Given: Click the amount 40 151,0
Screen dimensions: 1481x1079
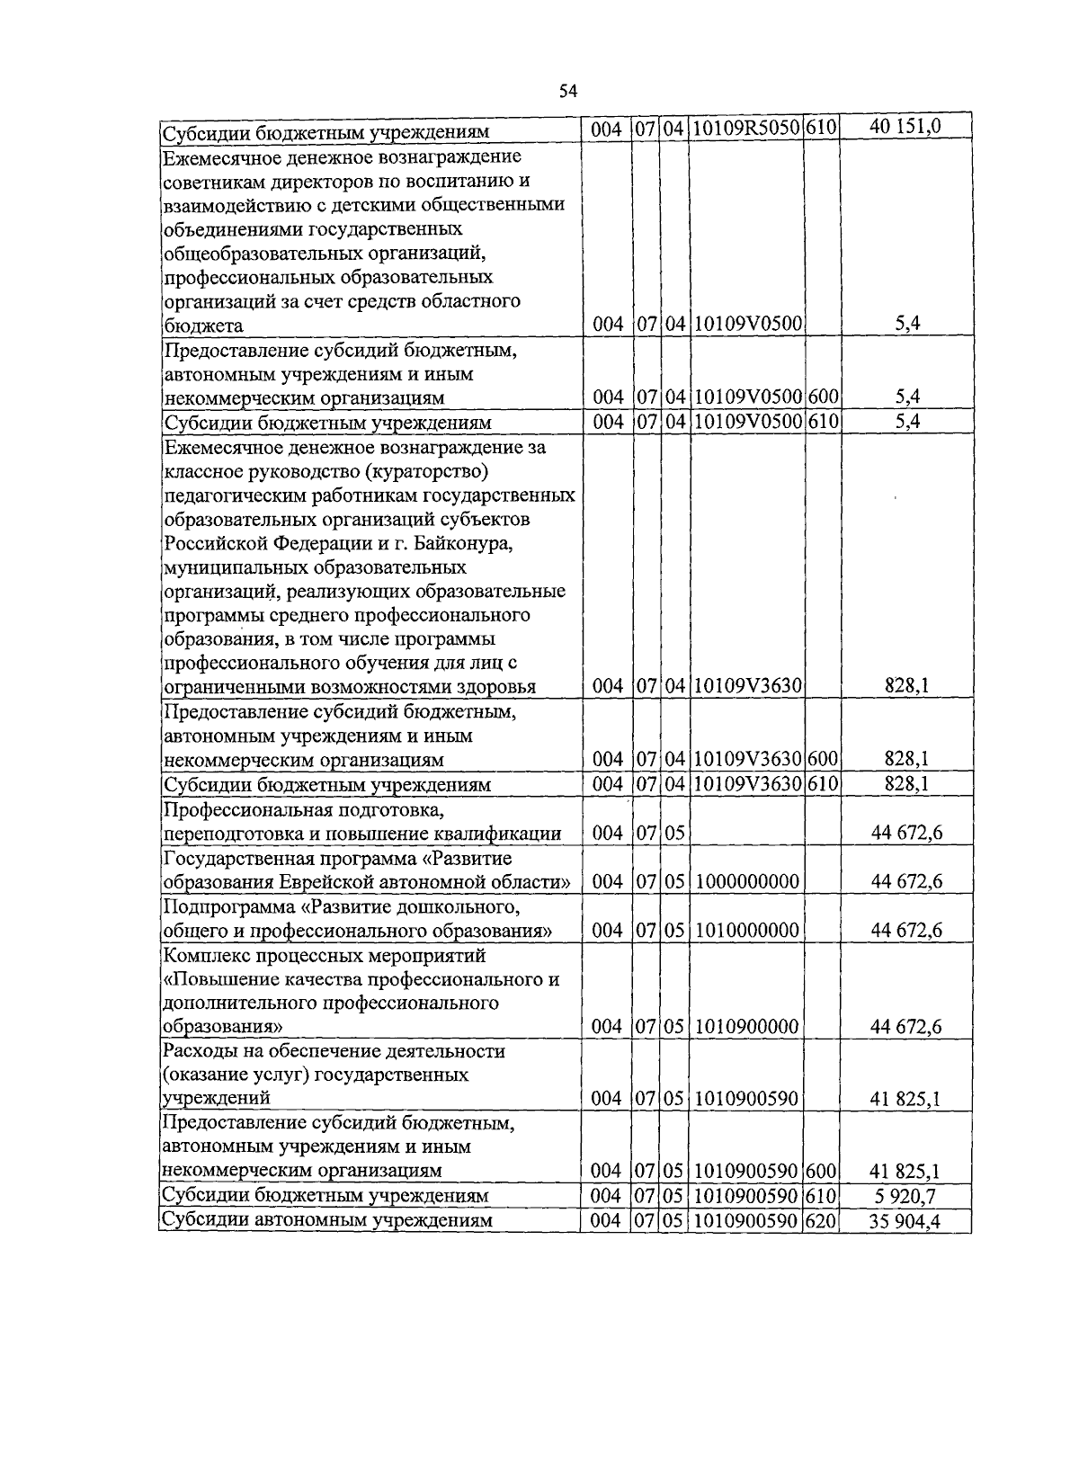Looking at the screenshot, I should pos(905,127).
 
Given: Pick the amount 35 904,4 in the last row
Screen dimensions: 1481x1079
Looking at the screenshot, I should pos(905,1221).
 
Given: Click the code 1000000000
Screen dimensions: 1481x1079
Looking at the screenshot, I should pos(747,881).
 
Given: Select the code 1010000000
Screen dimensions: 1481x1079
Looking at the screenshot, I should pos(747,930).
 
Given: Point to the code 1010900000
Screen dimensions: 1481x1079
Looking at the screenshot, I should pos(747,1027).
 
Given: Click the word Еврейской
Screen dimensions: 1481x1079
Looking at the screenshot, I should pos(328,882).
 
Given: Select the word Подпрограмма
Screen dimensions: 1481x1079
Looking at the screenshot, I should pos(221,906).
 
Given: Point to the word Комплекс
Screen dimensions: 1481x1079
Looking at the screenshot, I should pos(201,955).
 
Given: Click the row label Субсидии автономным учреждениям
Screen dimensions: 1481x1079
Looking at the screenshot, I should pos(325,1221).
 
